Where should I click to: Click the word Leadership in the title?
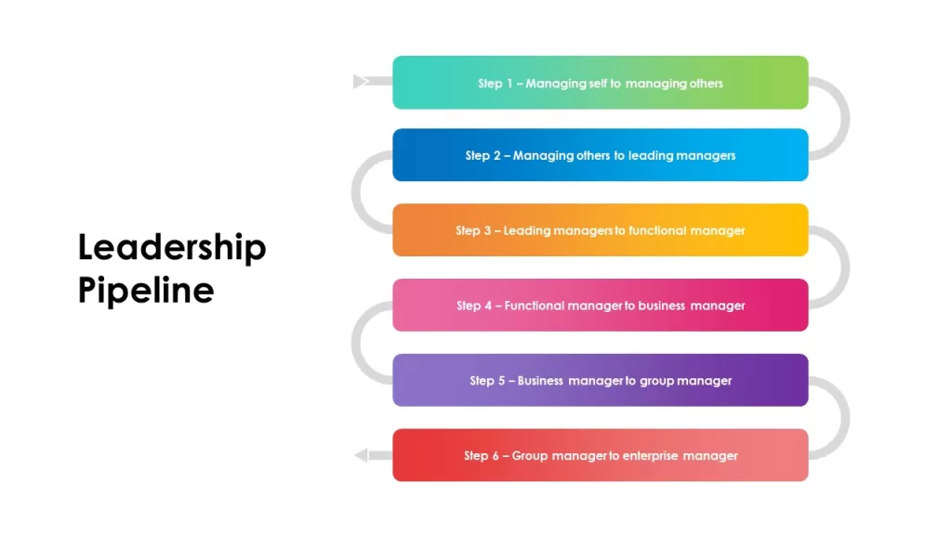click(x=172, y=247)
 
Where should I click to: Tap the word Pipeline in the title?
click(x=146, y=290)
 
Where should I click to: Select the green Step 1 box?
click(x=600, y=83)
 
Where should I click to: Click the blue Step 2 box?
click(x=600, y=155)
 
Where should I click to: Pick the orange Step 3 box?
click(x=600, y=230)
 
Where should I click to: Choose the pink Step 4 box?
click(x=600, y=305)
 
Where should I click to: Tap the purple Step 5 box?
click(x=600, y=380)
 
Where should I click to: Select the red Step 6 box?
click(x=600, y=455)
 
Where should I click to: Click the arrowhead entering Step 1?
click(x=361, y=82)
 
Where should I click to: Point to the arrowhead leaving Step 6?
click(x=362, y=455)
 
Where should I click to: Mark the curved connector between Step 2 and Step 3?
click(x=356, y=192)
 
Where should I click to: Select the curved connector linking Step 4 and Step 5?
click(x=356, y=343)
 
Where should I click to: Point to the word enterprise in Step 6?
click(x=650, y=456)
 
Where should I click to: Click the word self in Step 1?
click(x=598, y=83)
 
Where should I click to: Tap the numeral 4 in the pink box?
click(x=488, y=306)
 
